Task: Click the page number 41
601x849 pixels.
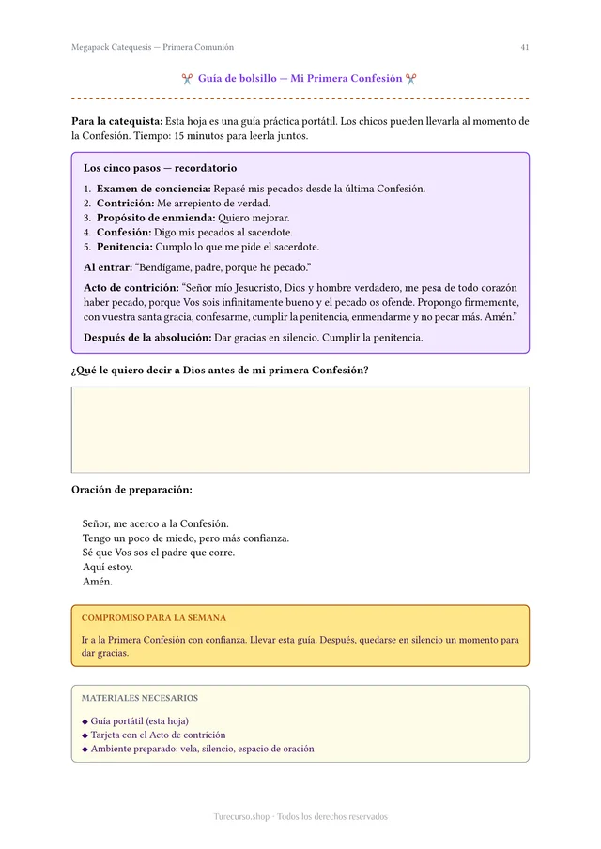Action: pyautogui.click(x=524, y=47)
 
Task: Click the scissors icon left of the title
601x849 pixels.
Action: pyautogui.click(x=188, y=79)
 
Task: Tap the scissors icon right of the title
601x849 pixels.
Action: pyautogui.click(x=411, y=79)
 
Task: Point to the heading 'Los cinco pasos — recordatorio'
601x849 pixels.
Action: pyautogui.click(x=160, y=168)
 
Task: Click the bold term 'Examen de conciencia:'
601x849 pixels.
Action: pyautogui.click(x=153, y=189)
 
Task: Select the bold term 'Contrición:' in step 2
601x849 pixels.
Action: pyautogui.click(x=126, y=203)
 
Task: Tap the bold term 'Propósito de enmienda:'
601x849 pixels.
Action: pyautogui.click(x=149, y=218)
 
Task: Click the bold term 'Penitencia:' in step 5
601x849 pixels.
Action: pyautogui.click(x=125, y=247)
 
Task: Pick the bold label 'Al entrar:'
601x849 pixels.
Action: pyautogui.click(x=107, y=267)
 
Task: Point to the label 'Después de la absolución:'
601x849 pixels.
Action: pyautogui.click(x=147, y=338)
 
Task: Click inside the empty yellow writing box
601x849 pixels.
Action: pyautogui.click(x=300, y=430)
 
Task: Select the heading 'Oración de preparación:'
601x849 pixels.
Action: pyautogui.click(x=131, y=490)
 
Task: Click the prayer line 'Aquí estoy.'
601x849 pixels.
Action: pyautogui.click(x=108, y=567)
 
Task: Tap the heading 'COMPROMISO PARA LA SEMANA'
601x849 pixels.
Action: pyautogui.click(x=154, y=618)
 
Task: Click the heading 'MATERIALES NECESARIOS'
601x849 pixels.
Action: pyautogui.click(x=140, y=698)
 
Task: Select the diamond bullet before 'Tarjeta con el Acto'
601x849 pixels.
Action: pyautogui.click(x=85, y=735)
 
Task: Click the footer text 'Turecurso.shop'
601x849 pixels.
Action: pyautogui.click(x=241, y=816)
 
